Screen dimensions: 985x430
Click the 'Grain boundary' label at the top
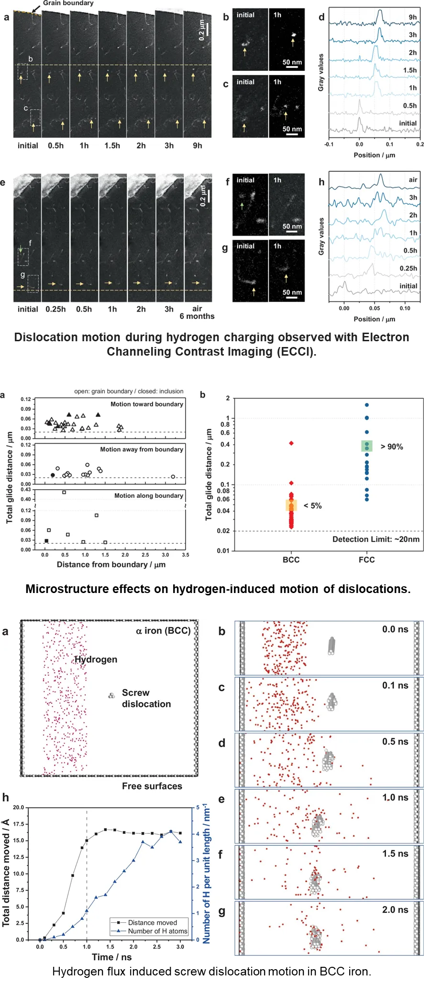point(68,3)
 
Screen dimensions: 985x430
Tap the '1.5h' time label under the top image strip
point(112,146)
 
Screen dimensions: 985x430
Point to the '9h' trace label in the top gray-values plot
point(412,17)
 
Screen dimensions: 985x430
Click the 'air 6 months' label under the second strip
point(197,312)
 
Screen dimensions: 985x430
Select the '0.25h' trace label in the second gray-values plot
point(408,268)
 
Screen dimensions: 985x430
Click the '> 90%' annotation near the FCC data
point(392,447)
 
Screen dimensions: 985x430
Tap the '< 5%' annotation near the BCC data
point(313,505)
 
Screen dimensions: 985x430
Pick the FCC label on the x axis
point(367,560)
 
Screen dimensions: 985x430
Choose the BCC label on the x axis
point(291,560)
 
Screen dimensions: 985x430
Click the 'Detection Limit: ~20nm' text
point(376,539)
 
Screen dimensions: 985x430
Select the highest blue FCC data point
point(367,405)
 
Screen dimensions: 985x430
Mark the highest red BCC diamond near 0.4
point(291,443)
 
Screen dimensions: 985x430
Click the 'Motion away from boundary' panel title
point(142,449)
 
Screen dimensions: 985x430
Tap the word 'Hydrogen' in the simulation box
point(96,660)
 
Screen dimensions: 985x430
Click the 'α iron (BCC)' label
point(163,631)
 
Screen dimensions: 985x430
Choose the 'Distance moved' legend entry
point(152,922)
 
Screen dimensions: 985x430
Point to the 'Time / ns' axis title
point(111,957)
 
